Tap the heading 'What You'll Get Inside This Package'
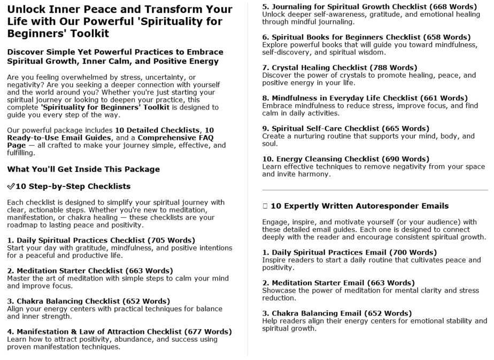coord(83,169)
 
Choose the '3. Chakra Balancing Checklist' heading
coord(64,301)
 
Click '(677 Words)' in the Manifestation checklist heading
coord(208,332)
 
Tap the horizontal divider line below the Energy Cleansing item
coord(375,190)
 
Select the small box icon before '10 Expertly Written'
coord(265,206)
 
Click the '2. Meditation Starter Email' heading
coord(318,283)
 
